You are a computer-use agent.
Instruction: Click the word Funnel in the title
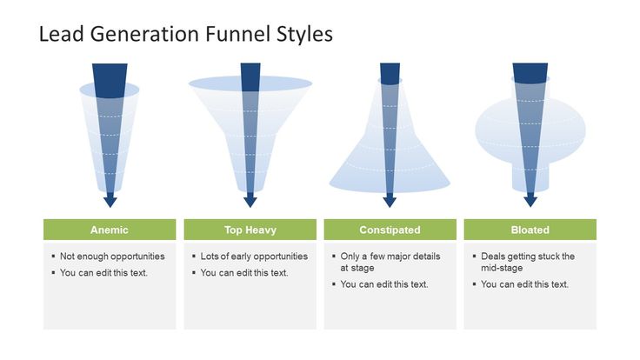(x=238, y=33)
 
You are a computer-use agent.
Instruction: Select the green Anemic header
(x=110, y=230)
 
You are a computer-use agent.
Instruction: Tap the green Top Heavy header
(x=250, y=230)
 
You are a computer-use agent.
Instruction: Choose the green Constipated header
(x=390, y=230)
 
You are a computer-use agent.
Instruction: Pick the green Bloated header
(x=530, y=230)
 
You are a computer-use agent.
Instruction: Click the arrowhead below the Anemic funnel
(x=110, y=201)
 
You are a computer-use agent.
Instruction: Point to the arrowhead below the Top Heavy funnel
(x=250, y=201)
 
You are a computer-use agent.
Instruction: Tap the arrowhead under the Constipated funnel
(x=390, y=201)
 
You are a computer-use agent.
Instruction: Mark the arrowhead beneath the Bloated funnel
(x=530, y=201)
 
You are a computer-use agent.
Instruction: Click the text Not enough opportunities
(x=112, y=257)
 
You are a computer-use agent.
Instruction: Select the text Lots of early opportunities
(x=254, y=257)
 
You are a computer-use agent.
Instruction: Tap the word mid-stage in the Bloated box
(x=502, y=268)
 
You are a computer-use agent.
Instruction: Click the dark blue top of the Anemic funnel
(x=110, y=80)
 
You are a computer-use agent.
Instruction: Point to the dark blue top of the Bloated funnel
(x=530, y=73)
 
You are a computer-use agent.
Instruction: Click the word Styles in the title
(x=304, y=33)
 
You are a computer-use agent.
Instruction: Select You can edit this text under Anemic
(x=103, y=273)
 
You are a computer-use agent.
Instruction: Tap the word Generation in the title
(x=145, y=33)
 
